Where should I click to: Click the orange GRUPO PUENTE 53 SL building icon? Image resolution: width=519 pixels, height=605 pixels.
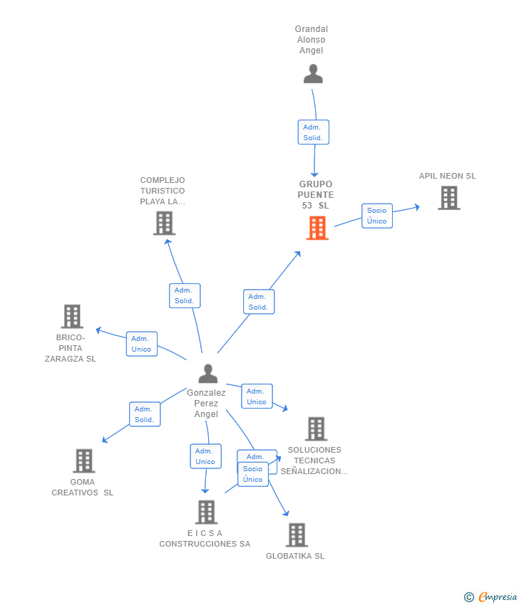317,228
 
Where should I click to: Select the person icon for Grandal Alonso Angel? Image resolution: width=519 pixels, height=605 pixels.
313,74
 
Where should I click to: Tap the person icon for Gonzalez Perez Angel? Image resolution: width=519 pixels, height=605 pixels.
208,373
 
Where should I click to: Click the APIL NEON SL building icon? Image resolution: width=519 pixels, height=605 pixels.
449,198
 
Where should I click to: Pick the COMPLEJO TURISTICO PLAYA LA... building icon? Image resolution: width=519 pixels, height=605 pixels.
164,223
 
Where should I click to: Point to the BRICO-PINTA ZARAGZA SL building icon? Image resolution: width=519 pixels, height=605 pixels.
72,317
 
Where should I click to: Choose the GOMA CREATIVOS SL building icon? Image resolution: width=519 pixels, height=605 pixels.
84,461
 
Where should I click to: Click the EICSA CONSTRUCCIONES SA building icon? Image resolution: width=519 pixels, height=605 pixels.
206,512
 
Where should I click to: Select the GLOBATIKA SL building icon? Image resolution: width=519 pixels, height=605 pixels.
297,535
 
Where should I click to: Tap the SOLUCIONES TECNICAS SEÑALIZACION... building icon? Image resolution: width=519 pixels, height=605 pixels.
316,428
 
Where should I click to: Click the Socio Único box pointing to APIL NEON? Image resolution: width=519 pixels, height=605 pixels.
377,216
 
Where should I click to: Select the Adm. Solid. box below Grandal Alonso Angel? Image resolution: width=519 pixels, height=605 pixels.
314,132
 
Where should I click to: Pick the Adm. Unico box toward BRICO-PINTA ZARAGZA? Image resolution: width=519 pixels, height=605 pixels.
142,344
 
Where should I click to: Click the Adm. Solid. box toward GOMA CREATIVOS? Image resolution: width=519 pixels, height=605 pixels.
145,414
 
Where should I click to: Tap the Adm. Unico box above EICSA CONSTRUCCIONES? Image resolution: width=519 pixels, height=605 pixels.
205,456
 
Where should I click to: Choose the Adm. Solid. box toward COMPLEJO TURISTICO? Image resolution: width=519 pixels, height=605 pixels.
185,295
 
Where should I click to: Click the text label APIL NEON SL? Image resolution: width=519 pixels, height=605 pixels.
448,176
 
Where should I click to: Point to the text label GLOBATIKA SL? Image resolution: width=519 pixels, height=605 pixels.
295,556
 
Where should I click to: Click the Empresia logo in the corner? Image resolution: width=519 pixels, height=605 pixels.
490,596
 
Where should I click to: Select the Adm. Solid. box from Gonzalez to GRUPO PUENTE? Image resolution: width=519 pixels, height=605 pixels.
259,302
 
